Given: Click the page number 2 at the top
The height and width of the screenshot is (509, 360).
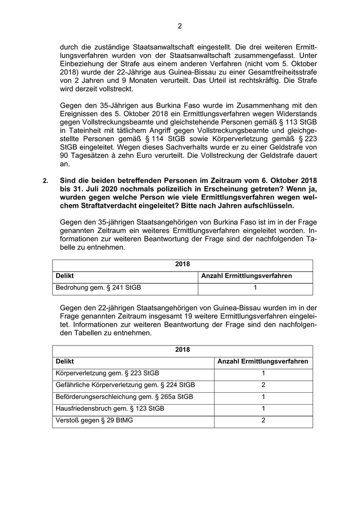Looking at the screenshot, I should tap(180, 26).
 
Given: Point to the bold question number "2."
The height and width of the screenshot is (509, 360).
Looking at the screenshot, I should tap(46, 181).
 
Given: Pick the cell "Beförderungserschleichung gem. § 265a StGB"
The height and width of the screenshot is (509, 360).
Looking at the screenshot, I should tap(124, 397).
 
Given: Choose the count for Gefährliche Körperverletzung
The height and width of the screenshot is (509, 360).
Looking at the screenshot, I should tap(263, 385).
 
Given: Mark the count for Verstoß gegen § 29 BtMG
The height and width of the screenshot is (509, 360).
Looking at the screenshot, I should tap(263, 421).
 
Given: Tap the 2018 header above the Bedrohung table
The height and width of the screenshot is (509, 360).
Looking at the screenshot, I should tap(182, 264).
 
